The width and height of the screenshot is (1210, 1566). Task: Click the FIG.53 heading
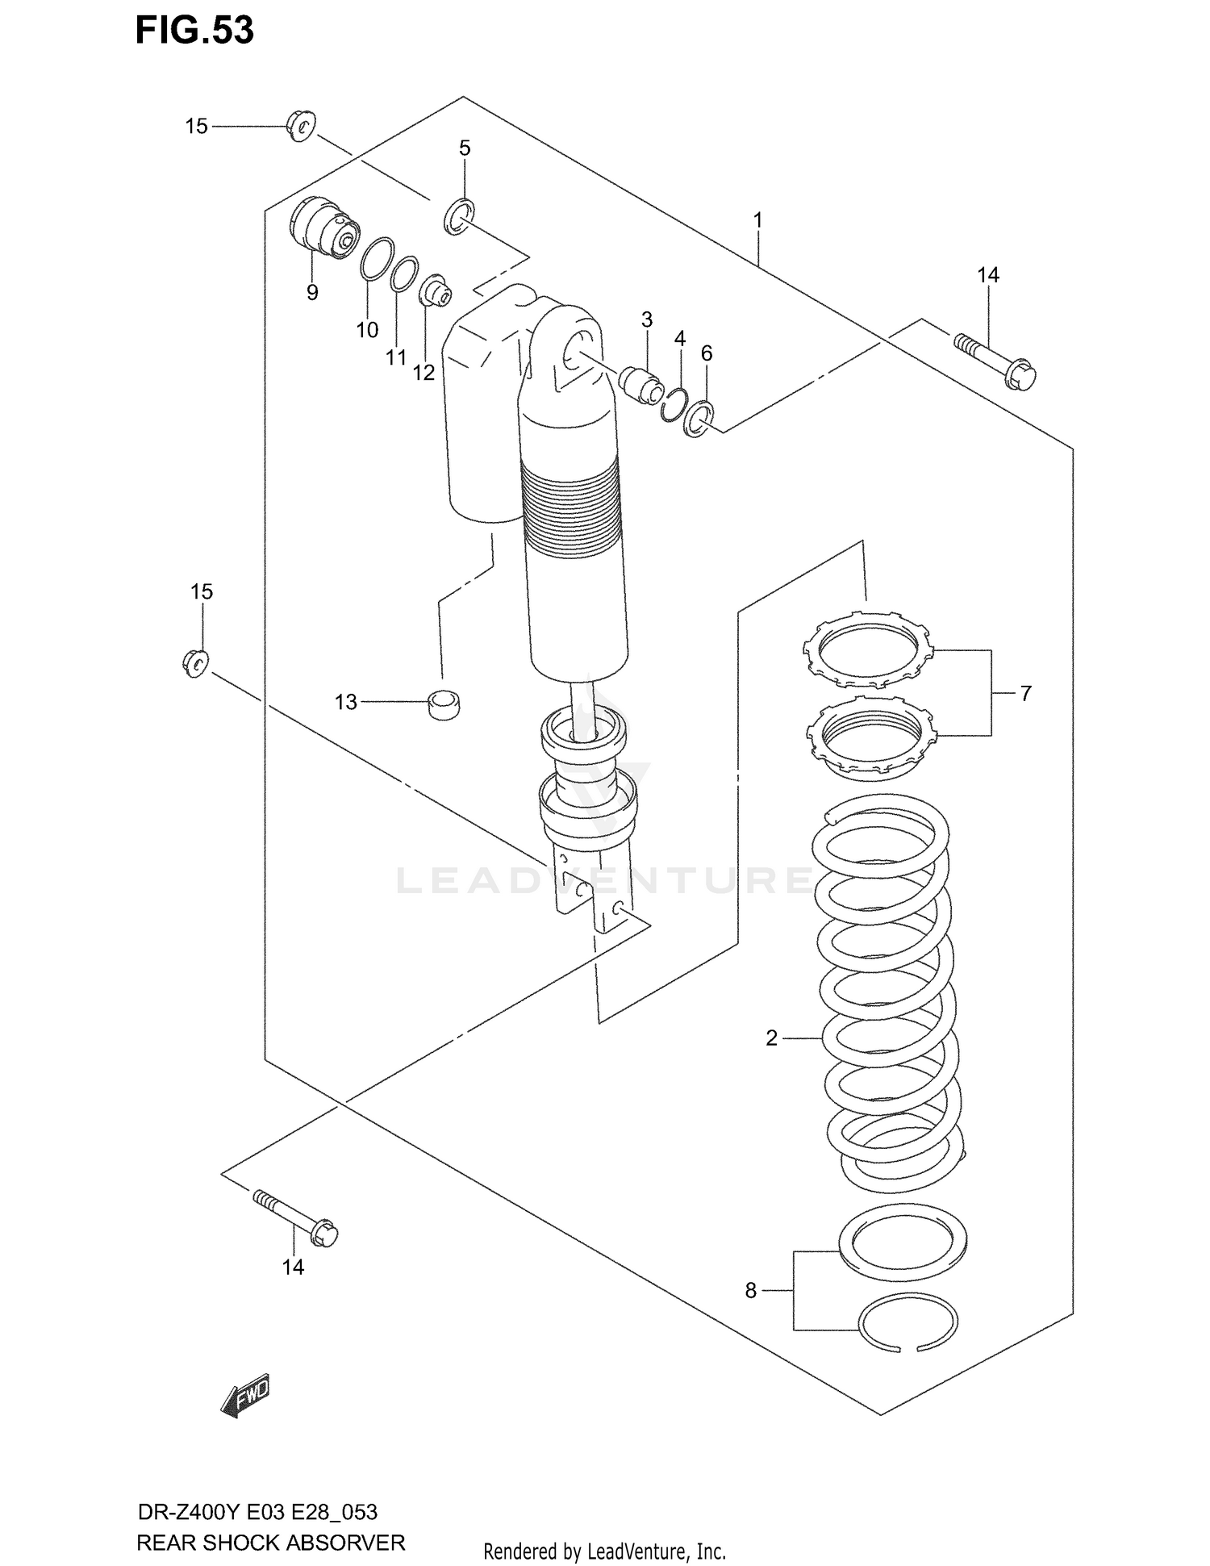pyautogui.click(x=194, y=30)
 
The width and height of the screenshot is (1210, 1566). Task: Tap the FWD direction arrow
pyautogui.click(x=245, y=1396)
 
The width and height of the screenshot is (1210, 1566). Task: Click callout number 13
pyautogui.click(x=345, y=703)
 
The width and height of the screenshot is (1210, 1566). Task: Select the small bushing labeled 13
pyautogui.click(x=443, y=704)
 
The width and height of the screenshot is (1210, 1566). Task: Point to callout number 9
pyautogui.click(x=312, y=293)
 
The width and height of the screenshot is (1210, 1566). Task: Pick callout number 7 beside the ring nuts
pyautogui.click(x=1025, y=693)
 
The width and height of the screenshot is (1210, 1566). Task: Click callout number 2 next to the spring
pyautogui.click(x=771, y=1038)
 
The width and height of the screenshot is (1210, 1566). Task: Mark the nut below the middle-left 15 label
pyautogui.click(x=194, y=662)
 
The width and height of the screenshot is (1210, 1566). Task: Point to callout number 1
pyautogui.click(x=757, y=219)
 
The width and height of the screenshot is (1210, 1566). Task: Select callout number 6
pyautogui.click(x=707, y=353)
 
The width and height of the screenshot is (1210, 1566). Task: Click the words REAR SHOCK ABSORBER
pyautogui.click(x=271, y=1543)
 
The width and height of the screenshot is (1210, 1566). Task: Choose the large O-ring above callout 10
pyautogui.click(x=377, y=259)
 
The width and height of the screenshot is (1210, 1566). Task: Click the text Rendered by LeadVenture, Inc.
pyautogui.click(x=604, y=1551)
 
